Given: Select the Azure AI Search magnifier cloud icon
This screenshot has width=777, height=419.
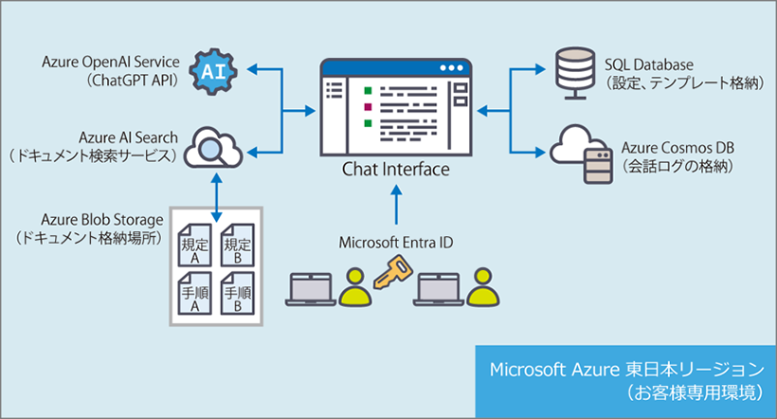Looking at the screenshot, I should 212,146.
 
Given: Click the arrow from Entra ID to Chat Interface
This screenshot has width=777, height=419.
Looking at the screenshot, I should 395,206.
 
